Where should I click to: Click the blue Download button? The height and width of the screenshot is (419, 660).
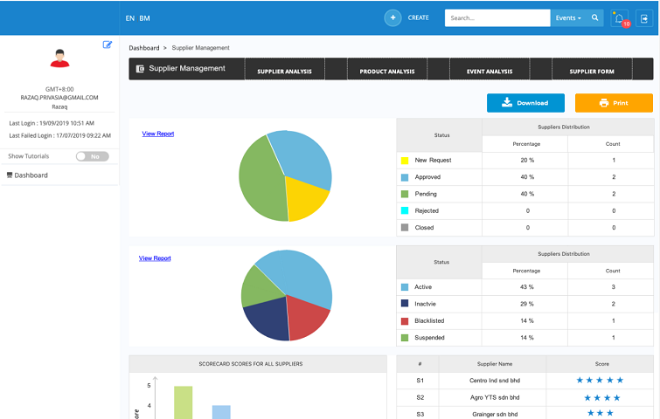coord(525,103)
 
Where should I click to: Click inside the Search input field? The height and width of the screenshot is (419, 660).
coord(497,18)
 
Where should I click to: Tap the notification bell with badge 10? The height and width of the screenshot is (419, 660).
coord(620,18)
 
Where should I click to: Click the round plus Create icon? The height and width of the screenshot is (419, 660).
coord(393,18)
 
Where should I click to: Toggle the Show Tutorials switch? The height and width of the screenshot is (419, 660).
coord(92,156)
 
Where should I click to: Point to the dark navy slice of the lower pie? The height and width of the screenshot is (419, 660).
coord(267,318)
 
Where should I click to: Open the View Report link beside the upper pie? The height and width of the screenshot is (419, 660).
coord(158,134)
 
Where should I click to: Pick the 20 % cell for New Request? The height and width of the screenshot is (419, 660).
coord(527,160)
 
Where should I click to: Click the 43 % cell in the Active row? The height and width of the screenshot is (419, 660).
coord(526,287)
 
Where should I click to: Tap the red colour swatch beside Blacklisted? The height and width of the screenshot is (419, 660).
coord(405,321)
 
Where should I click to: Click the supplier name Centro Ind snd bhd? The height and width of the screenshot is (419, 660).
coord(495,381)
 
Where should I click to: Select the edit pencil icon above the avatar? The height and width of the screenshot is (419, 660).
coord(108,45)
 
